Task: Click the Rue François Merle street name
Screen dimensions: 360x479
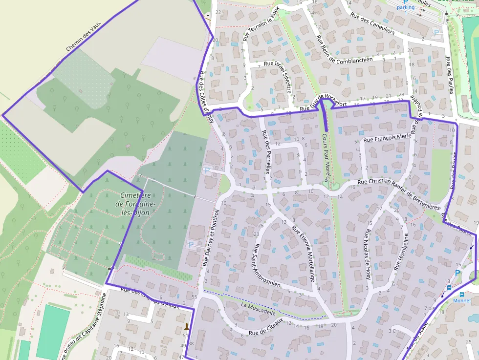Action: [x=388, y=138]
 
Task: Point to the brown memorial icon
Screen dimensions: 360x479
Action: [x=186, y=326]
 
